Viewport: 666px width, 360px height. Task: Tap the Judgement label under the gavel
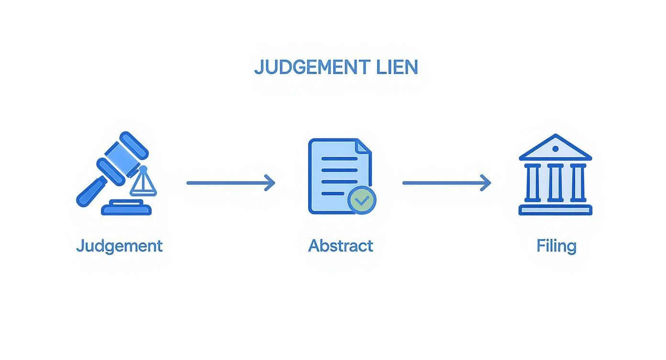[119, 246]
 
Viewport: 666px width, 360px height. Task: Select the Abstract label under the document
[340, 246]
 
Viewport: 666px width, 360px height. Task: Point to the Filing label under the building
[556, 246]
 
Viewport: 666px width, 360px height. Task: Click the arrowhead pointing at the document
[271, 182]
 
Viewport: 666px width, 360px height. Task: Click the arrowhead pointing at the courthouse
[487, 182]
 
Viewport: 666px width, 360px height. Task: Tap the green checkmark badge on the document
[362, 200]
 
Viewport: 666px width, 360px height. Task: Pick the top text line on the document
[339, 158]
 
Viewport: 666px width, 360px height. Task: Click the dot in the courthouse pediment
[555, 149]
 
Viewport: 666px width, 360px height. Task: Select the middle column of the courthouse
[555, 182]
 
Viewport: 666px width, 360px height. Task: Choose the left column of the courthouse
[533, 182]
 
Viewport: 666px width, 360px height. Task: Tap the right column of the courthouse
[578, 182]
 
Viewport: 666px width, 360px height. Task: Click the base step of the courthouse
[555, 210]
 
